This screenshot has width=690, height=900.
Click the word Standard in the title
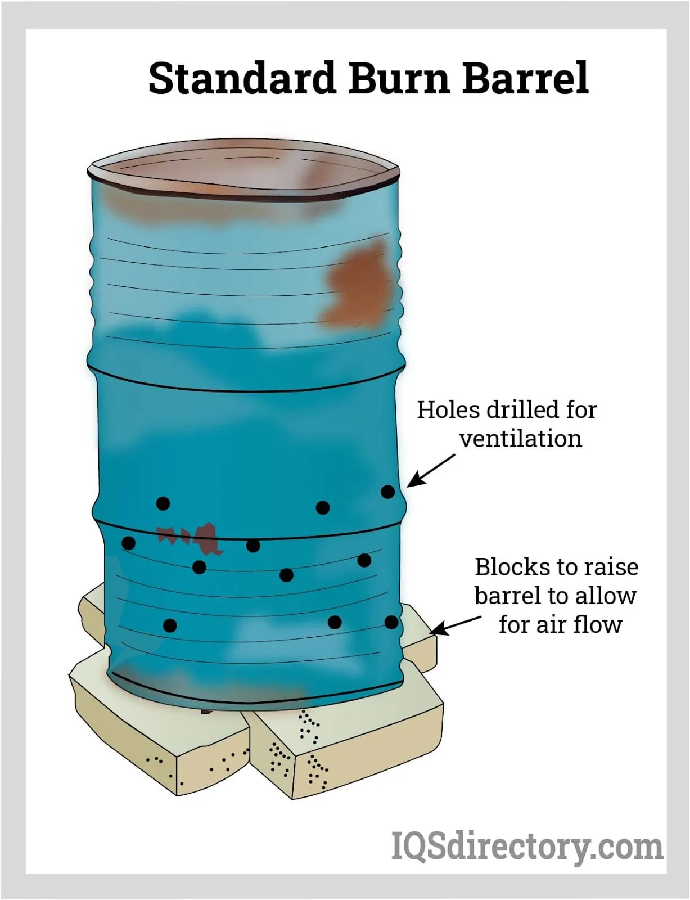click(x=242, y=78)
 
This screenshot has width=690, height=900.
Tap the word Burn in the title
click(x=399, y=78)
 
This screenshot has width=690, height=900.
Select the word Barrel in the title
click(x=525, y=78)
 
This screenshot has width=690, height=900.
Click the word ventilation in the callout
click(x=521, y=439)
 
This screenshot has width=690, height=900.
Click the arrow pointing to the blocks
click(x=456, y=625)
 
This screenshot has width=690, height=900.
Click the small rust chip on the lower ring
click(x=191, y=538)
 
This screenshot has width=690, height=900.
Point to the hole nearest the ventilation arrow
click(x=388, y=492)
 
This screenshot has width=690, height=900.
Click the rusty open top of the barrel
click(x=244, y=170)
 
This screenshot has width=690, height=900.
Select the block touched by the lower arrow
click(x=418, y=640)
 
